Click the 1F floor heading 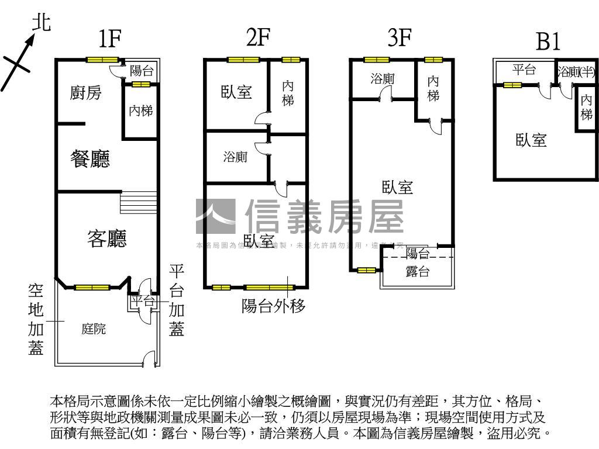(109, 39)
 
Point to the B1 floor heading (548, 42)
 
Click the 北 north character (41, 23)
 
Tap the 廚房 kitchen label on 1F (85, 92)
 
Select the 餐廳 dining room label (90, 159)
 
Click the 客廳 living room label (107, 238)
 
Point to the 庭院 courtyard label (94, 329)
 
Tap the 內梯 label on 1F (140, 110)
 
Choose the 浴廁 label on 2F (235, 157)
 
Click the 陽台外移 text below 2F (273, 306)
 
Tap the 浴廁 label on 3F (383, 78)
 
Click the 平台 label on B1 (524, 70)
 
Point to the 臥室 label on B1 (531, 140)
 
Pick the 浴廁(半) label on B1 (576, 72)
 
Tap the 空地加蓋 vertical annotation (36, 319)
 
